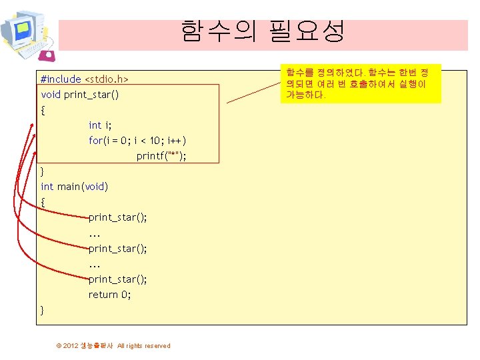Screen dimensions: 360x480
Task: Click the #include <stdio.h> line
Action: tap(84, 79)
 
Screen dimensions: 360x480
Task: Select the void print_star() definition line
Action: tap(80, 95)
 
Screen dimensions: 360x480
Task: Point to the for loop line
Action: tap(137, 141)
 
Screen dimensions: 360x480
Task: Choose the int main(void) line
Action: tap(74, 187)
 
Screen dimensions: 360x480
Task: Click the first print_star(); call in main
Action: tap(118, 217)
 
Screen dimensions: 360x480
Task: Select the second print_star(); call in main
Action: tap(118, 248)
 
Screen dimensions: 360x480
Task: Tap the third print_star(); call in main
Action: tap(118, 279)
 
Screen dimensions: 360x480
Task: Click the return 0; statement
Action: tap(110, 295)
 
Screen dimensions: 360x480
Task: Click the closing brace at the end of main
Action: tap(43, 310)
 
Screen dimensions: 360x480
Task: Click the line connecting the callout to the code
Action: tap(253, 93)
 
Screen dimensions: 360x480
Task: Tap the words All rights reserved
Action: tap(143, 345)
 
